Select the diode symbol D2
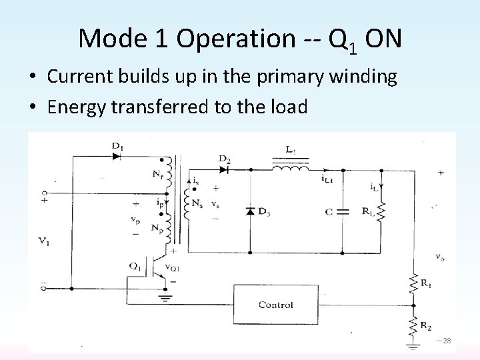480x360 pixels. point(225,169)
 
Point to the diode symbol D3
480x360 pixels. point(250,211)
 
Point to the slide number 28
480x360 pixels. point(447,341)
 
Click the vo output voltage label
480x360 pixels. point(441,255)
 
